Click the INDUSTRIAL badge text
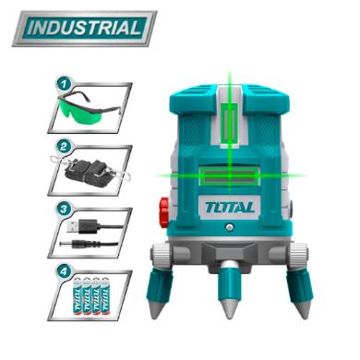(84, 29)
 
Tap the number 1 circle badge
(64, 84)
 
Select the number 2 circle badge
(64, 147)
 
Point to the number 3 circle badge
(64, 210)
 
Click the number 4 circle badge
(64, 272)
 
